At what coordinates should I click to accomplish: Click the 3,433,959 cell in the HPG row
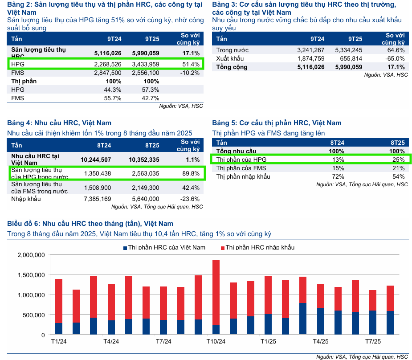pyautogui.click(x=146, y=64)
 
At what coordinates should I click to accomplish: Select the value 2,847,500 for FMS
pyautogui.click(x=107, y=73)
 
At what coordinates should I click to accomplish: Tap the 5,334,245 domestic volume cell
pyautogui.click(x=349, y=50)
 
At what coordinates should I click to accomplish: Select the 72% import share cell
pyautogui.click(x=338, y=176)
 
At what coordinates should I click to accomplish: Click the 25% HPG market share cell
pyautogui.click(x=398, y=160)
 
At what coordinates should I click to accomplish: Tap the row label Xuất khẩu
pyautogui.click(x=230, y=59)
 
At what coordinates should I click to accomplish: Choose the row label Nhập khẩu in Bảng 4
pyautogui.click(x=26, y=199)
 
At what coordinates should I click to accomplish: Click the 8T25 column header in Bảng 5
pyautogui.click(x=397, y=143)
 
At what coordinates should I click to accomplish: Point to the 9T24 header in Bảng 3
pyautogui.click(x=318, y=39)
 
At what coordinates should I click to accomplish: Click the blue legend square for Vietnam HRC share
pyautogui.click(x=124, y=248)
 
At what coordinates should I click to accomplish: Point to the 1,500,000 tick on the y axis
pyautogui.click(x=31, y=275)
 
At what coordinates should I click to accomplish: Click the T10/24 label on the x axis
pyautogui.click(x=216, y=342)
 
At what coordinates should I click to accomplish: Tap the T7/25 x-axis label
pyautogui.click(x=373, y=342)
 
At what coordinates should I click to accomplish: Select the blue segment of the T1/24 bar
pyautogui.click(x=59, y=329)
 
